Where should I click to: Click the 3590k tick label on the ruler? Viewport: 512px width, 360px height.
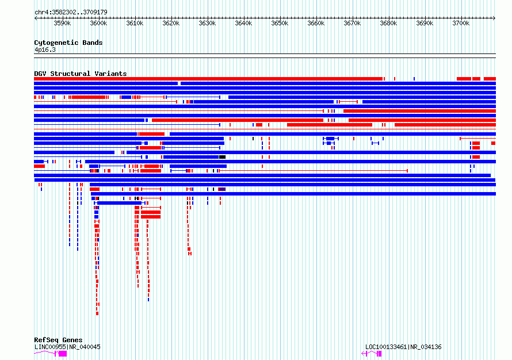pos(62,23)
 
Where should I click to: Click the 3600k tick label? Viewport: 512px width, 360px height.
pos(98,23)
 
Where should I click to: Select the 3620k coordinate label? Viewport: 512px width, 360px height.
pos(171,23)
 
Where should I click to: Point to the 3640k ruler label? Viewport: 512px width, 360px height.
pos(243,23)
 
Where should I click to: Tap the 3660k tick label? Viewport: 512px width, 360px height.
pos(316,23)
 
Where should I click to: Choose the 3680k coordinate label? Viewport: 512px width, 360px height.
pos(388,23)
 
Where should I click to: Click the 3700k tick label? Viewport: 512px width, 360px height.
pos(461,23)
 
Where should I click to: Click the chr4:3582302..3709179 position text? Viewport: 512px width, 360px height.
pos(71,12)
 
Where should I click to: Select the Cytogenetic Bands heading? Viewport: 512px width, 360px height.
pos(68,43)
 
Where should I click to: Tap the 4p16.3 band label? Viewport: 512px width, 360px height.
pos(45,49)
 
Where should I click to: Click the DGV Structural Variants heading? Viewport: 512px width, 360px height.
pos(81,74)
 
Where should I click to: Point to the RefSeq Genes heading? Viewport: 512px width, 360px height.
pos(58,340)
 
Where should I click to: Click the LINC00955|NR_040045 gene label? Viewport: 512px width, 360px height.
pos(67,347)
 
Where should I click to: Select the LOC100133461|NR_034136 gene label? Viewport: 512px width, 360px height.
pos(403,347)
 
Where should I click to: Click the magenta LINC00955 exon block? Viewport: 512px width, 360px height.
pos(62,354)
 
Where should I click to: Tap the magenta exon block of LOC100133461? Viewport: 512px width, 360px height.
pos(380,354)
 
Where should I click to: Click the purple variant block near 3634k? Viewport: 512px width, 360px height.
pos(222,189)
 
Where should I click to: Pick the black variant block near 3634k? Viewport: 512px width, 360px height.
pos(223,157)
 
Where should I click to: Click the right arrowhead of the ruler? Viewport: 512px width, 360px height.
pos(494,18)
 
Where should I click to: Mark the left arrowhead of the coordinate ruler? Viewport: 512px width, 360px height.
pos(36,18)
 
